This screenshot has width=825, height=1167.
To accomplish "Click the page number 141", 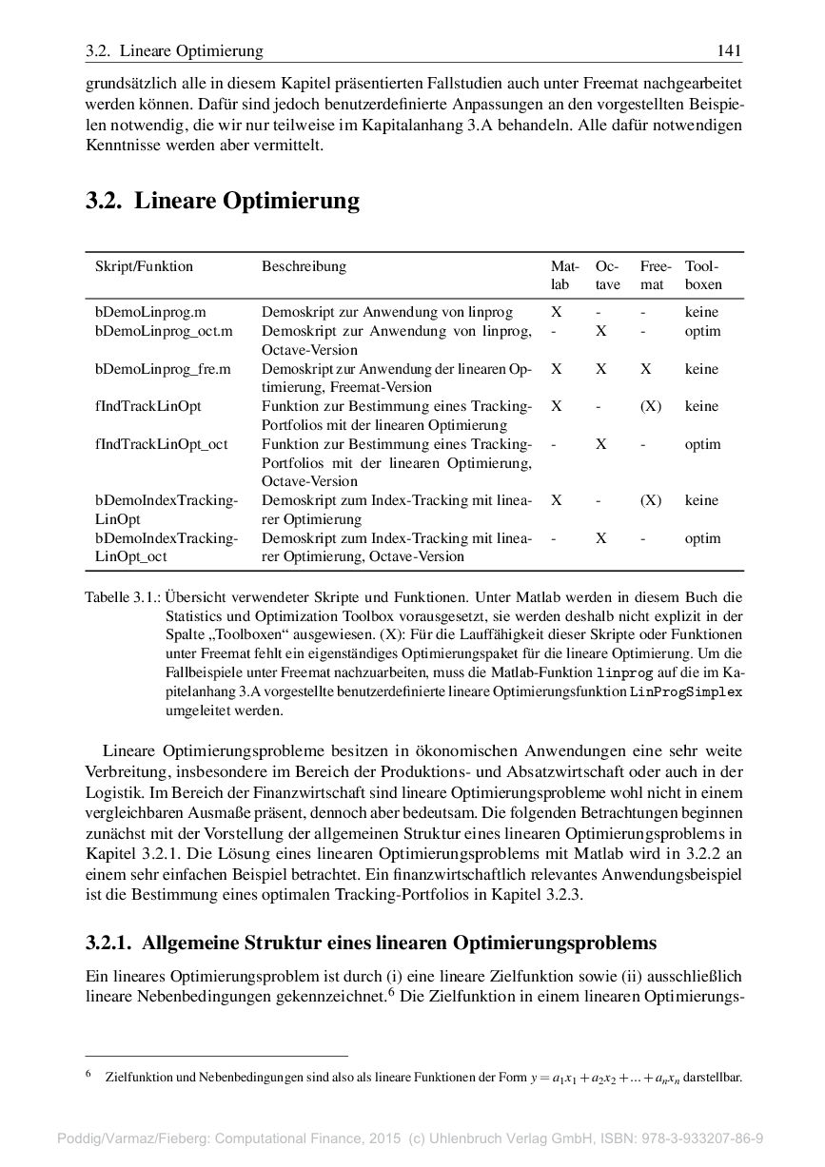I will click(x=730, y=51).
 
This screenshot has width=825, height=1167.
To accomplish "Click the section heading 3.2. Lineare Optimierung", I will click(x=223, y=201).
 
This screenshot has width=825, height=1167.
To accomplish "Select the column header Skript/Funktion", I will click(x=144, y=266).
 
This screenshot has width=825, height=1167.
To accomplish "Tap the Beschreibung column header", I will click(x=304, y=266).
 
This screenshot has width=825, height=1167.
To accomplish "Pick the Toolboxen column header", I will click(x=703, y=275).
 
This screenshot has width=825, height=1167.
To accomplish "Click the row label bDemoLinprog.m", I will click(x=150, y=312).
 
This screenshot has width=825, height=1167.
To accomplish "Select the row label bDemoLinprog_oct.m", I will click(x=164, y=331).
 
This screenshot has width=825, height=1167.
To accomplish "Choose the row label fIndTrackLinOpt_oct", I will click(x=161, y=444).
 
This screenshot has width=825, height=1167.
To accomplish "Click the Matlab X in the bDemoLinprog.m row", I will click(x=556, y=312).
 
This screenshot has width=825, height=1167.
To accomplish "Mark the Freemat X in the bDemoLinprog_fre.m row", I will click(x=646, y=369).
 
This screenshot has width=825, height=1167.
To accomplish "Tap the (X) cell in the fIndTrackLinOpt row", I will click(x=650, y=406).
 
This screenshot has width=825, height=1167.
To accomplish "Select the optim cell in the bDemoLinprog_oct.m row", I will click(x=702, y=331).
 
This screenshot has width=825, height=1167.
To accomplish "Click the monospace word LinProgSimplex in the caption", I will click(x=685, y=691).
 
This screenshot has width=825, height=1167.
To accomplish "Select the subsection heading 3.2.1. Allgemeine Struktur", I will click(x=371, y=943).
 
